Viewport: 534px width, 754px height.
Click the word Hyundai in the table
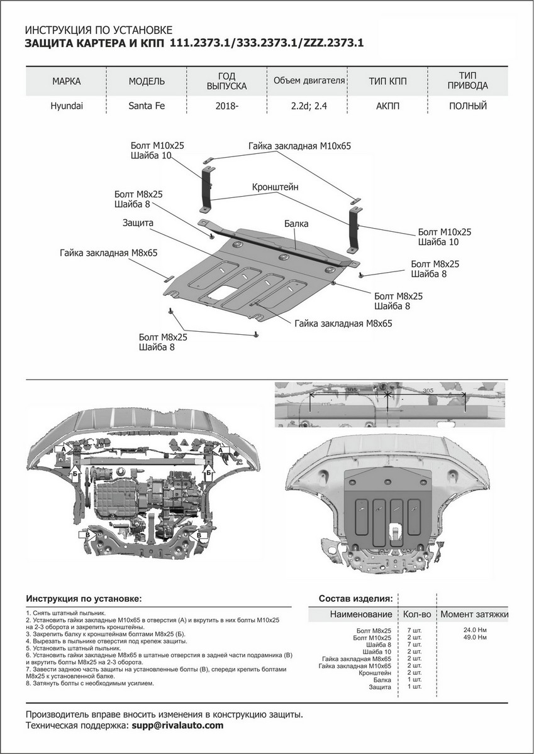67,106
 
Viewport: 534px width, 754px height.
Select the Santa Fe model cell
147,106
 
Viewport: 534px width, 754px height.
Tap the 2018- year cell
227,106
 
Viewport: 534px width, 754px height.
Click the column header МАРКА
67,82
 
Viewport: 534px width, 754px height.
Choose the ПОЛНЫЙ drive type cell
468,106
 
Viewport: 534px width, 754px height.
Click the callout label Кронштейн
275,187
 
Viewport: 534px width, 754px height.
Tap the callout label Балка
296,223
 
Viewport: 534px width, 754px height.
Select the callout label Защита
138,222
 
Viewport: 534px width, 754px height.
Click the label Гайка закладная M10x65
299,145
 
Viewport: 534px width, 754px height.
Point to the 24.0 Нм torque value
474,630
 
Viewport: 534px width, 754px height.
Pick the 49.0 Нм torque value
474,637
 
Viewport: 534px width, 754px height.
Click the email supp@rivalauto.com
177,725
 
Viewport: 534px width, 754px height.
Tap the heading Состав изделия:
356,597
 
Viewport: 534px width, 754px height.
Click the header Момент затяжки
474,614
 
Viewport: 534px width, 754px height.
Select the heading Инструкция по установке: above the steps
84,598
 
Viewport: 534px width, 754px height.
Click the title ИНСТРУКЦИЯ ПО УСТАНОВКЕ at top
97,30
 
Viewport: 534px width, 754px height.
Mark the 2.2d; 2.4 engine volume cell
309,106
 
